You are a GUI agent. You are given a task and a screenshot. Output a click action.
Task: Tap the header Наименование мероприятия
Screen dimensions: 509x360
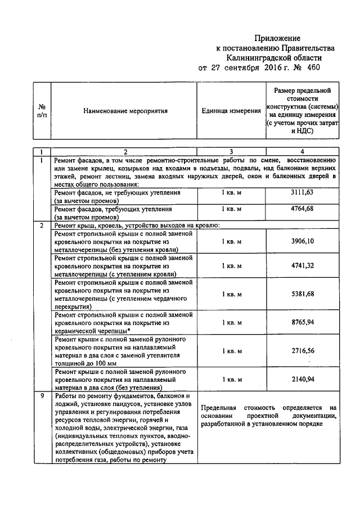[x=126, y=111]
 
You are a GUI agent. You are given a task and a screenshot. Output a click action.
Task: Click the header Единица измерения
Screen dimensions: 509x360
[x=231, y=111]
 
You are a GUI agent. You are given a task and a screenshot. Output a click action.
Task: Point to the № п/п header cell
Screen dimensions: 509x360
[x=42, y=111]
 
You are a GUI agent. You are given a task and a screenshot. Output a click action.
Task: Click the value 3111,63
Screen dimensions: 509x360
[x=302, y=192]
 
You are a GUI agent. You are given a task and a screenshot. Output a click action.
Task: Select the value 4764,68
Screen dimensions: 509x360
[x=302, y=209]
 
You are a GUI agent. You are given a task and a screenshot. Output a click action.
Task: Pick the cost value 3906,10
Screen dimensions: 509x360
[x=302, y=241]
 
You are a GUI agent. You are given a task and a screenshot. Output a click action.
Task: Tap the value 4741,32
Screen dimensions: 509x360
[x=302, y=265]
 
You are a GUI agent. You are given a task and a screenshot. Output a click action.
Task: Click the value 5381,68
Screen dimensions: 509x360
[x=302, y=294]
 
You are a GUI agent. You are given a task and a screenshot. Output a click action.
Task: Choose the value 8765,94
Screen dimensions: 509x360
[x=302, y=323]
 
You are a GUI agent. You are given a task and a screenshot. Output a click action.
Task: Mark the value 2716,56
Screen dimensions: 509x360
[x=302, y=351]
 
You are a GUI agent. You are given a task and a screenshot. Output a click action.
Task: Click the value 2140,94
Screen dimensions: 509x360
[x=302, y=380]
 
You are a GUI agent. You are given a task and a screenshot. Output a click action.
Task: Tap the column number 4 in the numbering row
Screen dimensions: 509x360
[x=302, y=151]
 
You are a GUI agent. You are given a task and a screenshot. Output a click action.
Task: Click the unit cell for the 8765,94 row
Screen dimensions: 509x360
[x=231, y=323]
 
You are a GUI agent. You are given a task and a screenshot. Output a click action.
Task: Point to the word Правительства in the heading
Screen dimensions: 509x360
[x=307, y=48]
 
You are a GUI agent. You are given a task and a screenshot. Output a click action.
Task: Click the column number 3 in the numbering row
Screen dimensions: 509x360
[x=231, y=151]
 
